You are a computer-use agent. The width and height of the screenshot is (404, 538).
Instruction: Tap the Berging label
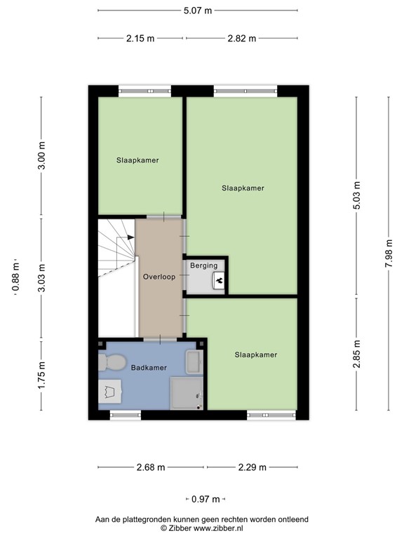(204, 265)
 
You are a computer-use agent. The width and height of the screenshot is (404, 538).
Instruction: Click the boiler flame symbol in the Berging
(218, 280)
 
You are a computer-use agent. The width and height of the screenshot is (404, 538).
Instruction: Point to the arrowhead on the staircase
(131, 238)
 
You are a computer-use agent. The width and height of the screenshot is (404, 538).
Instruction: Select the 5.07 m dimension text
(197, 11)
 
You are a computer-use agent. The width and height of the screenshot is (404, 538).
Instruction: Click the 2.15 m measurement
(140, 39)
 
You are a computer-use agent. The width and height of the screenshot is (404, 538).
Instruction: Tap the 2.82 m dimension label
(242, 39)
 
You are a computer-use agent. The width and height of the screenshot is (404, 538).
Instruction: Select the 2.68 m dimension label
(151, 467)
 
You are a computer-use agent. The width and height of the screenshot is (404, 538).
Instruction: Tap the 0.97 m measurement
(206, 499)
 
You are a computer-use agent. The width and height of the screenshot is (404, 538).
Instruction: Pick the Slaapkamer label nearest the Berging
(243, 188)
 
